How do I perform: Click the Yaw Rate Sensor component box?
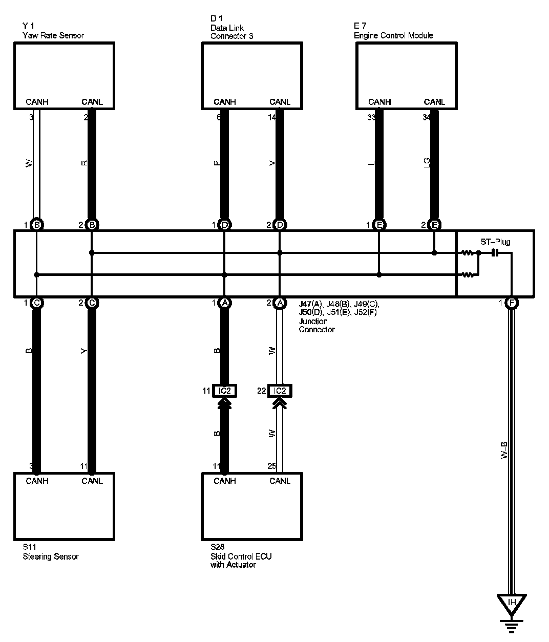click(64, 75)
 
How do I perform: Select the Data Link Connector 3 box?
click(251, 75)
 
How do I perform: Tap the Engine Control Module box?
click(406, 75)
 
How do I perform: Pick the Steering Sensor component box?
click(64, 506)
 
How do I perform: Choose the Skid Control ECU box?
click(251, 506)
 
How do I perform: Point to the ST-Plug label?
click(495, 242)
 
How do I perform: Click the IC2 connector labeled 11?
click(224, 391)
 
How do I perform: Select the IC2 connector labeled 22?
click(280, 391)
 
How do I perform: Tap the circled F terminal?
click(511, 303)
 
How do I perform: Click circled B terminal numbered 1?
click(36, 224)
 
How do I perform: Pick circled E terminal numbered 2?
click(434, 224)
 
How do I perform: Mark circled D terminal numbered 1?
click(224, 224)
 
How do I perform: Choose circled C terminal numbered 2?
click(92, 303)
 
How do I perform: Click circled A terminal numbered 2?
click(280, 303)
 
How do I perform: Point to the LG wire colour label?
click(427, 163)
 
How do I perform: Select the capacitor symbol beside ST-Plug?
click(495, 252)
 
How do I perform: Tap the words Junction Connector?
click(316, 325)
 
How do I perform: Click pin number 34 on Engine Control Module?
click(427, 117)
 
